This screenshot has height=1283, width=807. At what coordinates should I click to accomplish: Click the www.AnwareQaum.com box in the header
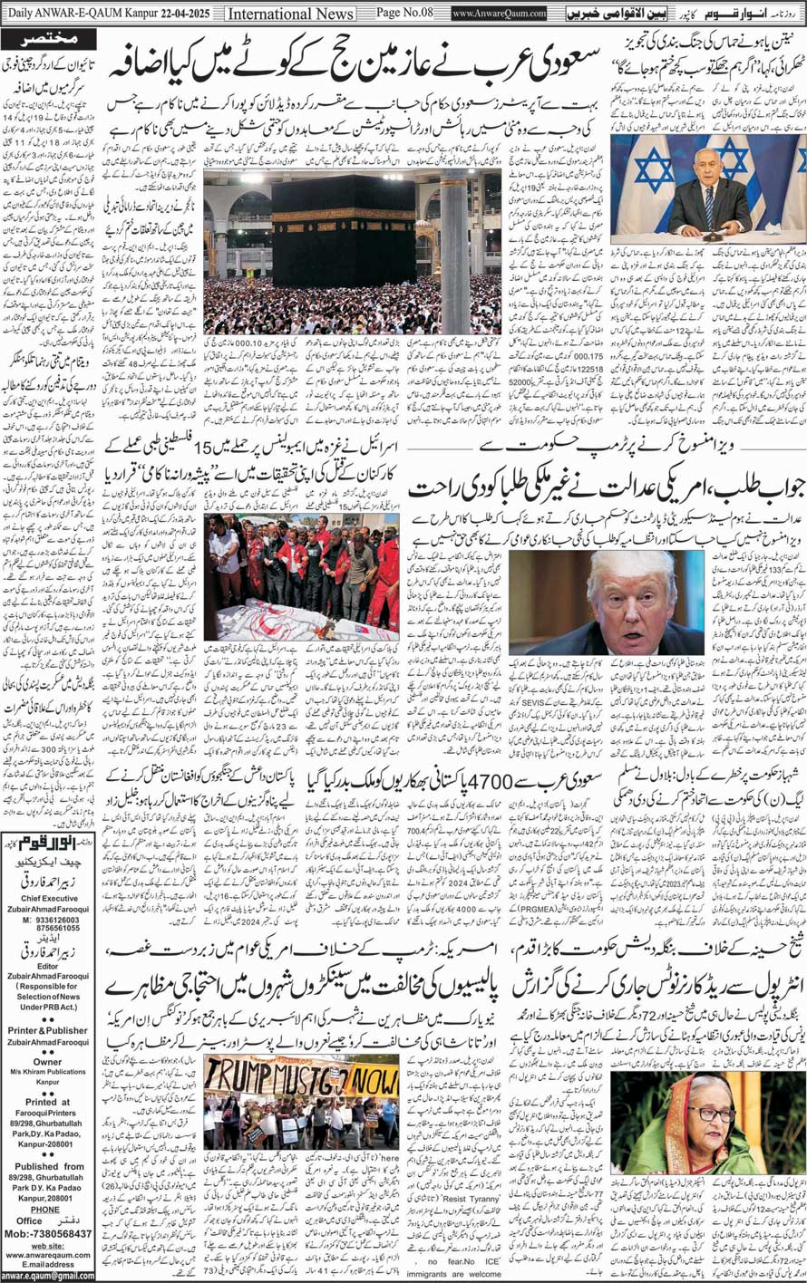[x=499, y=14]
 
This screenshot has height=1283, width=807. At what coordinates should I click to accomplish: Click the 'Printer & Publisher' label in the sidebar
[x=47, y=1030]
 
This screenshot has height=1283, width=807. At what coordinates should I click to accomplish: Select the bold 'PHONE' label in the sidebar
[x=46, y=1209]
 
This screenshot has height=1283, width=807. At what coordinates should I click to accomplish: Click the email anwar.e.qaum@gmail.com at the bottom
[x=47, y=1276]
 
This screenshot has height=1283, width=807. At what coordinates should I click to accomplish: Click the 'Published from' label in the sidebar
[x=47, y=1166]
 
